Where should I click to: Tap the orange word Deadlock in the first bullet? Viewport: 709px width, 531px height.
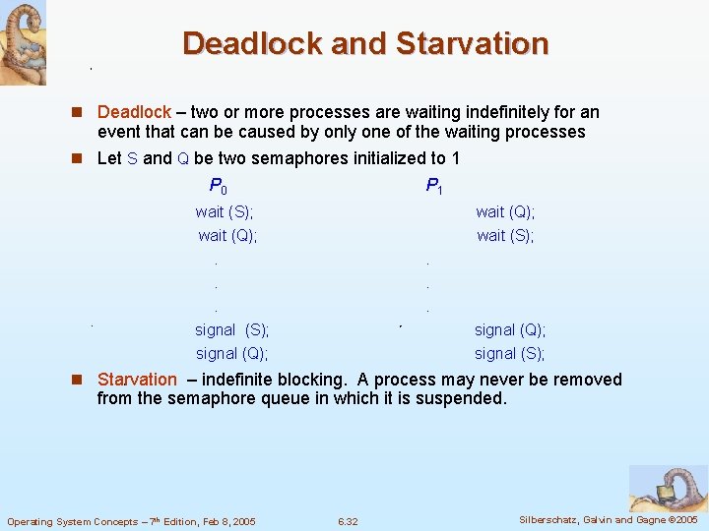pos(134,113)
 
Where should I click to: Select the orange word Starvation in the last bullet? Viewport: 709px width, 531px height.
pos(137,380)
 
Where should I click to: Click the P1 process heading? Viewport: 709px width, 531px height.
pos(434,185)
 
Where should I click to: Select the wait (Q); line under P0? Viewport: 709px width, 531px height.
pos(227,235)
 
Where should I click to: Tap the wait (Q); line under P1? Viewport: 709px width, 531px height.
pos(505,211)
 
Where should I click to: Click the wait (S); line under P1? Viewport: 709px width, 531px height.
pos(505,235)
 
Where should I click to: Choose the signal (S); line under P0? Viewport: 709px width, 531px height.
pos(231,330)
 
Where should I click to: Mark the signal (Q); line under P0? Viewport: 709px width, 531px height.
pos(231,354)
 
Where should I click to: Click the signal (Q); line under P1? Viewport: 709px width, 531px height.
pos(510,330)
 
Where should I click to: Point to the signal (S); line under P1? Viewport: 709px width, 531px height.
pos(510,354)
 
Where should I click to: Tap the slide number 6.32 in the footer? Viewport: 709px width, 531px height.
pos(347,521)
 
